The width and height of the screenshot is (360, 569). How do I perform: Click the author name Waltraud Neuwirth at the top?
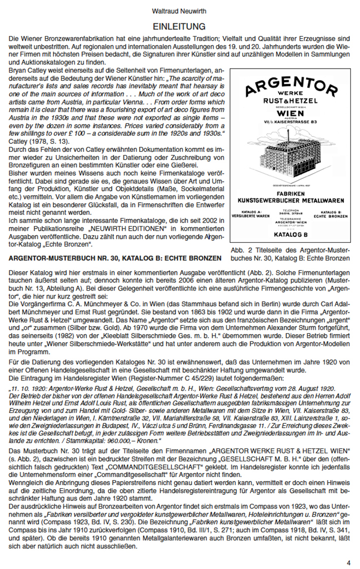(179, 11)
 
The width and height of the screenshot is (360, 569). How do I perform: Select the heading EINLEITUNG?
(179, 25)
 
